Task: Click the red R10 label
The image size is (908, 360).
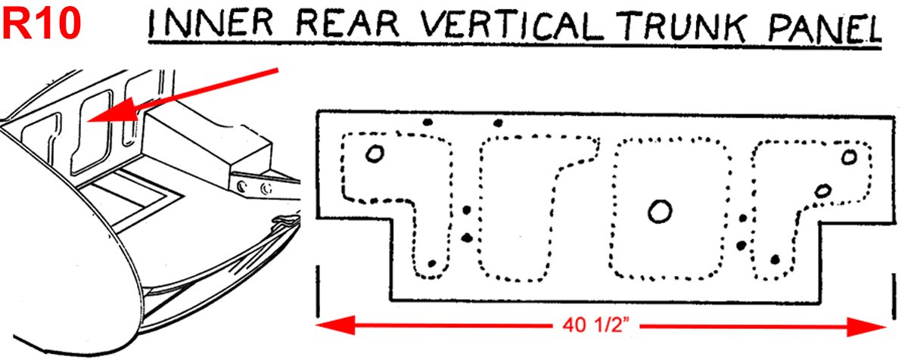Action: tap(42, 24)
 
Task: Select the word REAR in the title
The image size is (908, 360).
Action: tap(348, 23)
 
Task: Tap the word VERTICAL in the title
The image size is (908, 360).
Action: tap(510, 24)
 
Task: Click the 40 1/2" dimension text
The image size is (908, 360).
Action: tap(595, 325)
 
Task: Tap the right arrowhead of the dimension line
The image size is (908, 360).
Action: tap(866, 327)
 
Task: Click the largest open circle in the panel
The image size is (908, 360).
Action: tap(660, 211)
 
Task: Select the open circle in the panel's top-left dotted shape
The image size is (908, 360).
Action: tap(375, 154)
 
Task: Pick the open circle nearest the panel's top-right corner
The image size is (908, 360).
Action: tap(849, 157)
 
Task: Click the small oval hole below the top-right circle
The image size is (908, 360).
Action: tap(823, 191)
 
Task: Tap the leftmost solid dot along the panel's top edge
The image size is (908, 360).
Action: tap(428, 122)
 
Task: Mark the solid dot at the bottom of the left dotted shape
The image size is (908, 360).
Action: tap(432, 264)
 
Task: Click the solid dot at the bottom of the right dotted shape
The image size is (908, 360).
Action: tap(775, 259)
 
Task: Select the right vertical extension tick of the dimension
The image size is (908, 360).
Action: tap(894, 296)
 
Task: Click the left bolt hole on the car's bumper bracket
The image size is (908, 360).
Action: tap(241, 187)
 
